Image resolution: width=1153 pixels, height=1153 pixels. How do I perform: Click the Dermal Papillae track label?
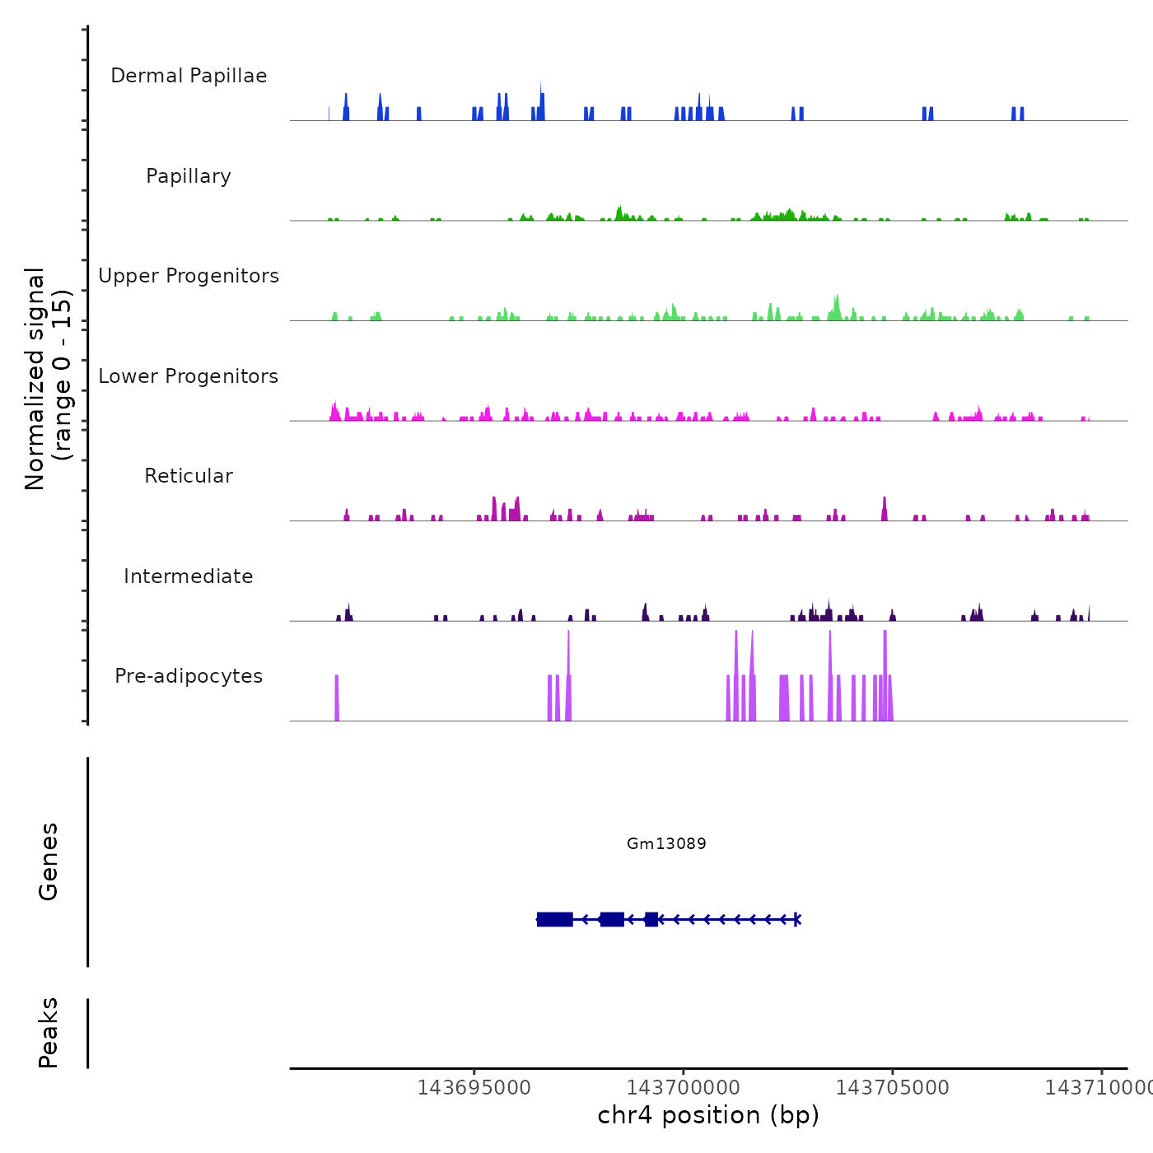pyautogui.click(x=189, y=76)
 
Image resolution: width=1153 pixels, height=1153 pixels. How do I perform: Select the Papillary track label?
pyautogui.click(x=189, y=176)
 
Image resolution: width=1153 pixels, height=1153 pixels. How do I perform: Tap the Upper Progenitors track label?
pyautogui.click(x=189, y=276)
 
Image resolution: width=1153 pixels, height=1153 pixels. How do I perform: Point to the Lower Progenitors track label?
pyautogui.click(x=189, y=376)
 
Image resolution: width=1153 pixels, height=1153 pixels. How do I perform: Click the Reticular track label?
pyautogui.click(x=189, y=476)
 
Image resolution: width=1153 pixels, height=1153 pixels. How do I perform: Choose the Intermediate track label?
pyautogui.click(x=189, y=576)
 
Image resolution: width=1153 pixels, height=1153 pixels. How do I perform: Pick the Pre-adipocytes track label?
pyautogui.click(x=189, y=676)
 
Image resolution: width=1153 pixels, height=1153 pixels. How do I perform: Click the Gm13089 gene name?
pyautogui.click(x=666, y=843)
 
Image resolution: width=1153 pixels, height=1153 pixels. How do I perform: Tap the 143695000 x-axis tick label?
pyautogui.click(x=474, y=1088)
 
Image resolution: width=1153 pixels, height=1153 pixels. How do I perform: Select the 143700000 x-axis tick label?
pyautogui.click(x=683, y=1088)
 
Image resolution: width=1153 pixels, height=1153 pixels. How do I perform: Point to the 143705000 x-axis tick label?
pyautogui.click(x=892, y=1088)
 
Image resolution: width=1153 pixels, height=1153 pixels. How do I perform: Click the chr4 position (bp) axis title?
pyautogui.click(x=708, y=1115)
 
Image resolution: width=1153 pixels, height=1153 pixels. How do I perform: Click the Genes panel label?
pyautogui.click(x=49, y=861)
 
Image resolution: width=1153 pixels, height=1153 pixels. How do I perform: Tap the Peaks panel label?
pyautogui.click(x=49, y=1033)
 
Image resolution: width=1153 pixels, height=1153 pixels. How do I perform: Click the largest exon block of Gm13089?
pyautogui.click(x=555, y=919)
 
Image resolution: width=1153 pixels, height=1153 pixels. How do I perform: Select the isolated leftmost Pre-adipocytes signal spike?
pyautogui.click(x=337, y=698)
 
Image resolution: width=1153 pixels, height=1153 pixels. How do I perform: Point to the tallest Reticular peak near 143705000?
pyautogui.click(x=885, y=509)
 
